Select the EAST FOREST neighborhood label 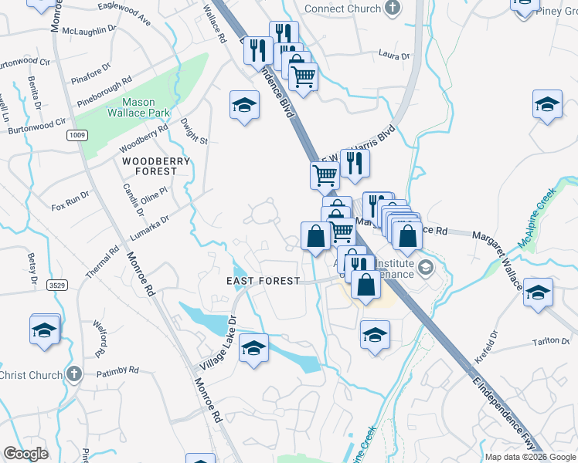263,281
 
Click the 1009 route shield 77,136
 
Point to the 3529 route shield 55,285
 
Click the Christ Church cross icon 74,375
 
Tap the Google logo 25,454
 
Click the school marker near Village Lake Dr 253,350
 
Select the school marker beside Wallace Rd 244,106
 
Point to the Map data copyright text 530,457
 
